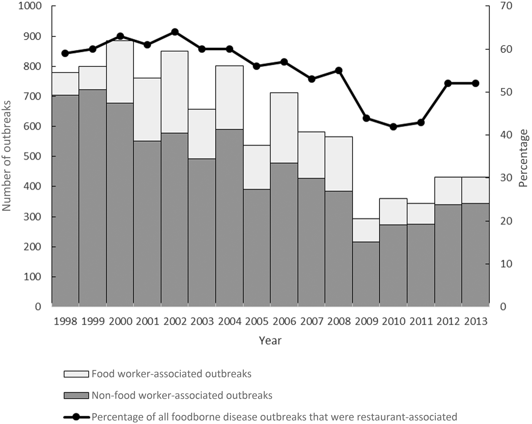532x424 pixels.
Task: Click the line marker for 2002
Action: pyautogui.click(x=175, y=32)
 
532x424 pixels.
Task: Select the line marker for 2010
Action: pyautogui.click(x=394, y=127)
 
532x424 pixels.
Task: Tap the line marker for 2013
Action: pyautogui.click(x=476, y=84)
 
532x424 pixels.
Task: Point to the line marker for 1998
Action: pyautogui.click(x=65, y=53)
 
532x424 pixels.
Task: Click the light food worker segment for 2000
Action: pyautogui.click(x=120, y=72)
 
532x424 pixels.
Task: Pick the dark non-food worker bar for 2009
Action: pyautogui.click(x=366, y=273)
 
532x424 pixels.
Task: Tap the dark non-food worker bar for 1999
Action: pyautogui.click(x=93, y=197)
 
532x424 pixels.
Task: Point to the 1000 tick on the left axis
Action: pyautogui.click(x=30, y=6)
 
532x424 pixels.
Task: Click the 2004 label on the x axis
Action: pyautogui.click(x=229, y=322)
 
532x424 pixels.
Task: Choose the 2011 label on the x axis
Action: pyautogui.click(x=421, y=322)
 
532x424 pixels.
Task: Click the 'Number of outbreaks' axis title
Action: pyautogui.click(x=7, y=156)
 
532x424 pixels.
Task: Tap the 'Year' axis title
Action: pyautogui.click(x=270, y=340)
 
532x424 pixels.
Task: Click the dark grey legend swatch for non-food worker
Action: pyautogui.click(x=76, y=396)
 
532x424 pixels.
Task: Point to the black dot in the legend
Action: pyautogui.click(x=76, y=417)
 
